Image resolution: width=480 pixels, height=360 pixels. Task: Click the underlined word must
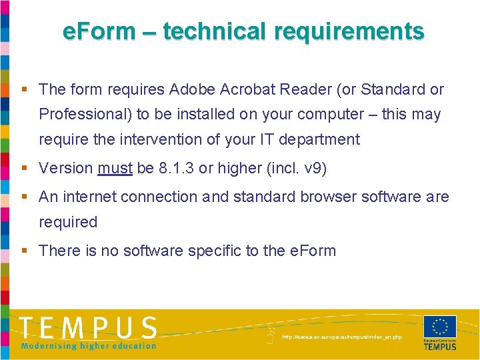click(x=115, y=169)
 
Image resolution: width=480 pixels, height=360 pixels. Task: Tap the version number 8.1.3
click(x=177, y=169)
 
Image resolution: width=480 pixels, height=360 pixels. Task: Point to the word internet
click(x=93, y=197)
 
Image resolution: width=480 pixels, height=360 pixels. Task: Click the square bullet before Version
click(x=24, y=169)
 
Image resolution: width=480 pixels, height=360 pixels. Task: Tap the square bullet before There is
click(x=24, y=251)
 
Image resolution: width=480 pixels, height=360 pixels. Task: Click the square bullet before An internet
click(x=24, y=197)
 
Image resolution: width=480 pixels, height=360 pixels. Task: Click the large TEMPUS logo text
click(x=88, y=328)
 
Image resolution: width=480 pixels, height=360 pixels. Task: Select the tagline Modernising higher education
click(x=88, y=346)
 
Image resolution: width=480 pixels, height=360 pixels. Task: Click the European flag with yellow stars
click(x=440, y=327)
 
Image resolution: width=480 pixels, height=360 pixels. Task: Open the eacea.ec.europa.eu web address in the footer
click(x=342, y=337)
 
